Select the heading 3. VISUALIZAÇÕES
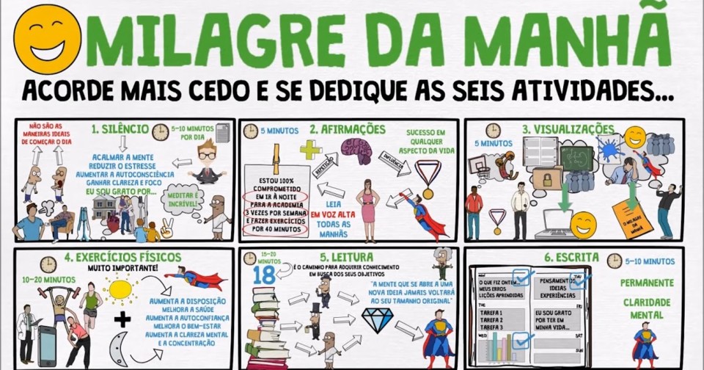[x=568, y=129]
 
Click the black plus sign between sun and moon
[x=122, y=320]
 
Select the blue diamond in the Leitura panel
[x=378, y=317]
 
